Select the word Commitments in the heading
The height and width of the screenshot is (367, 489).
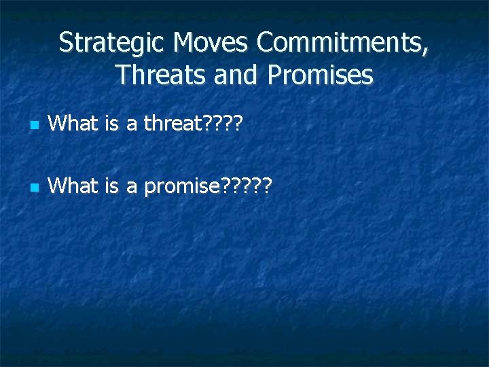click(339, 43)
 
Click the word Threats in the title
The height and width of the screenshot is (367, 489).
click(154, 75)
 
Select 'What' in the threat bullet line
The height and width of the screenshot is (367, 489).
click(72, 124)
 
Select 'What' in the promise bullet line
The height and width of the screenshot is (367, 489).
click(72, 185)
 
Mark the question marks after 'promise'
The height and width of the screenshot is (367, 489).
click(246, 185)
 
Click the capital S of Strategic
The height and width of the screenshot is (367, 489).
click(65, 43)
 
